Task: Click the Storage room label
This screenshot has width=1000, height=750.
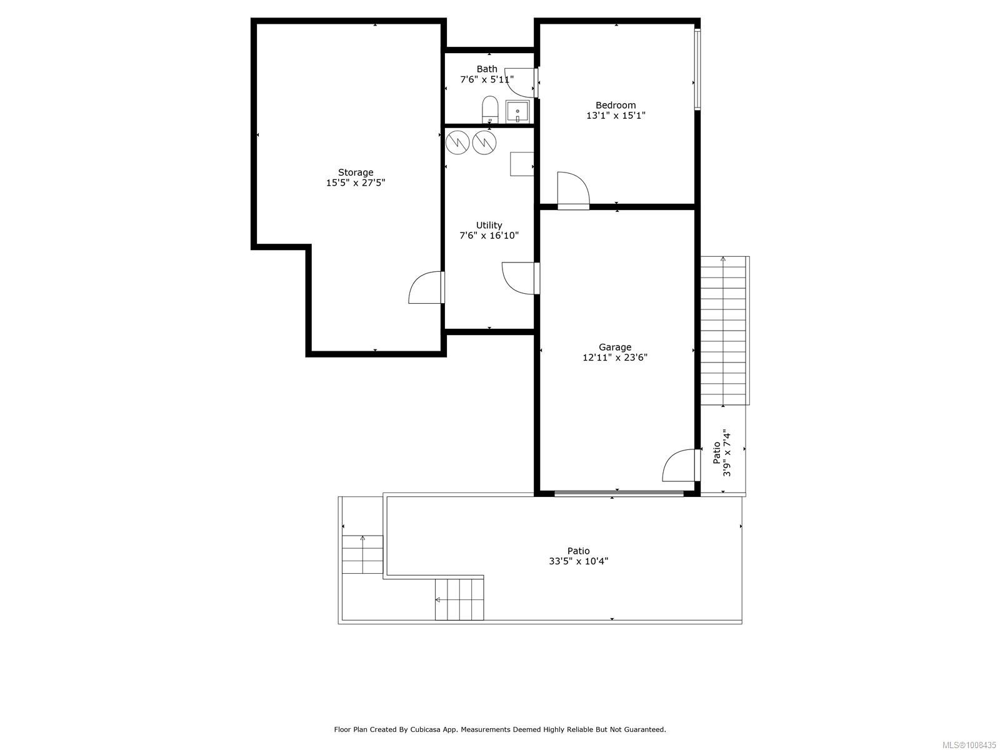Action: pyautogui.click(x=356, y=172)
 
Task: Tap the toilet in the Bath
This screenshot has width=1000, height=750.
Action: pyautogui.click(x=489, y=110)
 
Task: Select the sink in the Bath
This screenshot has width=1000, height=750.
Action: pyautogui.click(x=517, y=112)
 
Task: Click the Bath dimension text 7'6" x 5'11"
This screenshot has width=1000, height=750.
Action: pyautogui.click(x=487, y=79)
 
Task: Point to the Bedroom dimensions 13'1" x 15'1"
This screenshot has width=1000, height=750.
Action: pyautogui.click(x=616, y=116)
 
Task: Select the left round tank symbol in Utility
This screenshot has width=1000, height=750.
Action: pyautogui.click(x=457, y=142)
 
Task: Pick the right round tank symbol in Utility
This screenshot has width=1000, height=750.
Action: pyautogui.click(x=484, y=142)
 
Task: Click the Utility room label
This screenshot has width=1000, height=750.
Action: pyautogui.click(x=489, y=225)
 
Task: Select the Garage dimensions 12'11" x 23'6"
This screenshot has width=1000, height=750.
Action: pyautogui.click(x=615, y=357)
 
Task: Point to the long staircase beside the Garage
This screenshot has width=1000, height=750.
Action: pyautogui.click(x=723, y=330)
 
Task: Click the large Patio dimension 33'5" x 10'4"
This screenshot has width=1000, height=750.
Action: pyautogui.click(x=578, y=561)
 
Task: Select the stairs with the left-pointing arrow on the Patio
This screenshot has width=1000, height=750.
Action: pyautogui.click(x=460, y=599)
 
